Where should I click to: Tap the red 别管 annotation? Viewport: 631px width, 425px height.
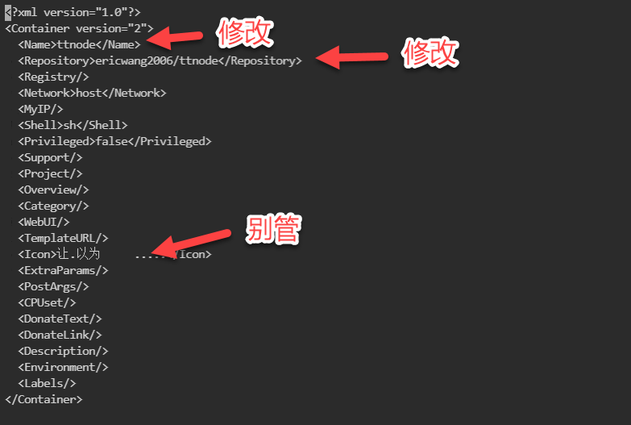273,230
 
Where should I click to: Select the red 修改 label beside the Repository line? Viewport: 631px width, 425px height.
430,53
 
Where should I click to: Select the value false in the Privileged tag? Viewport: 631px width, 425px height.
111,141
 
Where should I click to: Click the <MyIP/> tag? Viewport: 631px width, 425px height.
40,109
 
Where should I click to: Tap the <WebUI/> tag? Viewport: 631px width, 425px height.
44,222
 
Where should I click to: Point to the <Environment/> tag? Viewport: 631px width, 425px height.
63,367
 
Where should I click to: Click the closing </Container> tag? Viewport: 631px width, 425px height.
44,399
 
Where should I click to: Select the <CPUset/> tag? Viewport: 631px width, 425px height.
47,302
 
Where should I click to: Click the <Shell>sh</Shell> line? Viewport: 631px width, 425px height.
73,125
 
